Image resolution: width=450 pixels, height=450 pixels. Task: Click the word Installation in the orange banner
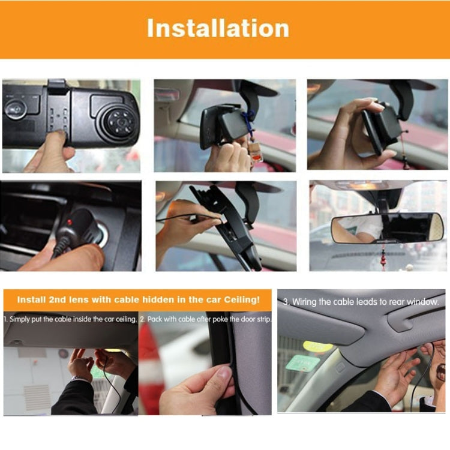[218, 28]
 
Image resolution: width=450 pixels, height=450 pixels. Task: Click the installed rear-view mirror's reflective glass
[387, 228]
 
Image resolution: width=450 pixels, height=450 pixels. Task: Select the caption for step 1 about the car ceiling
[71, 319]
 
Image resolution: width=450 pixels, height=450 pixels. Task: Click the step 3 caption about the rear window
[361, 302]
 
